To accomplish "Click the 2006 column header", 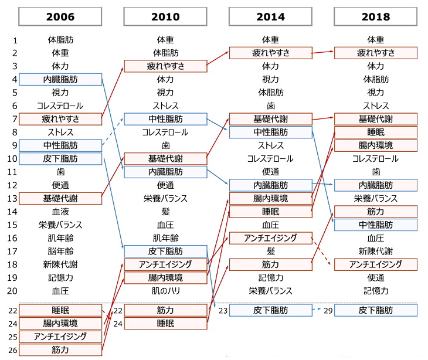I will click(x=60, y=16).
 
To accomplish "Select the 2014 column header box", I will click(x=270, y=16).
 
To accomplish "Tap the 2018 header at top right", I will click(x=375, y=16).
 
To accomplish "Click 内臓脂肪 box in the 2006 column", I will click(x=60, y=79).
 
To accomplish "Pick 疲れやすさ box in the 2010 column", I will click(x=165, y=66).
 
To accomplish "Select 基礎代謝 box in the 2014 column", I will click(x=270, y=119).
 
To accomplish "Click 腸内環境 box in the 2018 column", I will click(x=375, y=145).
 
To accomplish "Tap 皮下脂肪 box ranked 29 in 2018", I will click(x=375, y=310).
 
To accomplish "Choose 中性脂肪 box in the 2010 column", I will click(x=165, y=119).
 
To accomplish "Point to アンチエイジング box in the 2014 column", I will click(x=270, y=238).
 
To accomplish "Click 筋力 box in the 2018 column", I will click(x=375, y=212).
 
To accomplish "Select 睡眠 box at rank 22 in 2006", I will click(x=60, y=310).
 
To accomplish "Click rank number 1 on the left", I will click(x=15, y=40).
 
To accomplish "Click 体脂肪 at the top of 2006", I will click(x=60, y=40).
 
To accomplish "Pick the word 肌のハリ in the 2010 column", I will click(x=165, y=291).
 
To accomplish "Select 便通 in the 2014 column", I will click(x=270, y=172).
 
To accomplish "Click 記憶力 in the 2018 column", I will click(x=375, y=291).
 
